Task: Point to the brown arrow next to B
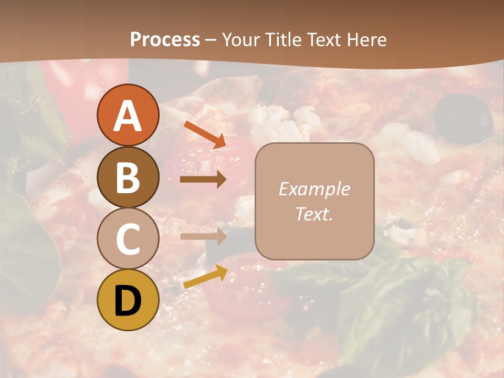coord(203,180)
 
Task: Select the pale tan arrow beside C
coord(203,236)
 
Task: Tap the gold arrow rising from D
coord(205,277)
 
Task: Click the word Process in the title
coord(165,39)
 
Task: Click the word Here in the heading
coord(367,39)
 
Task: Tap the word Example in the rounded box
coord(314,189)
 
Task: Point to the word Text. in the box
coord(314,214)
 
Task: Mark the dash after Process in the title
coord(211,40)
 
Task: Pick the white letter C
coord(128,239)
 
